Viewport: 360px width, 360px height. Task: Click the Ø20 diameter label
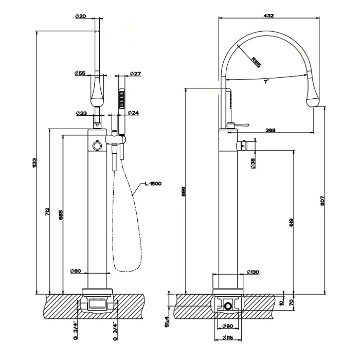(80, 16)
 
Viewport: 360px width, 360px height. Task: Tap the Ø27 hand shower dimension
(135, 74)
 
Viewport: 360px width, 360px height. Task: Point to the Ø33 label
(80, 113)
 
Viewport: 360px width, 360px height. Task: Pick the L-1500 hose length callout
(153, 184)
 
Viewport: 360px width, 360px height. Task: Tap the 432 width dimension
(268, 16)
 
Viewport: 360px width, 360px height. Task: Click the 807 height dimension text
(322, 202)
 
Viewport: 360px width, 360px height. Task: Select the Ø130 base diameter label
(253, 272)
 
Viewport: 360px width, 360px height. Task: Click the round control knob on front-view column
(96, 147)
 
